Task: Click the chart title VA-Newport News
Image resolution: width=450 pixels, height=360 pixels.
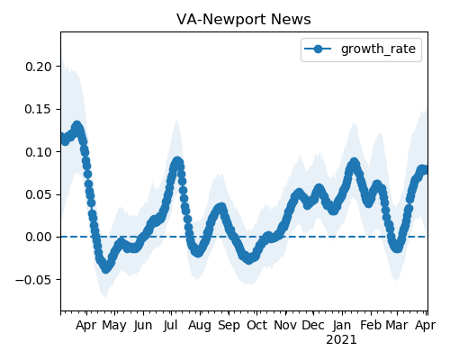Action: (x=244, y=20)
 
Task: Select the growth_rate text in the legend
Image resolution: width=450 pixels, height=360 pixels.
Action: (x=378, y=49)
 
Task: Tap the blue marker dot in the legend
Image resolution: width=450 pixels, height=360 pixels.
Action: (x=318, y=49)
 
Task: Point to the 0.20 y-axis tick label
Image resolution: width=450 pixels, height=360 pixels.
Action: (x=39, y=67)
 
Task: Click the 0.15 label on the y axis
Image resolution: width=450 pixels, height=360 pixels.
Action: (x=39, y=109)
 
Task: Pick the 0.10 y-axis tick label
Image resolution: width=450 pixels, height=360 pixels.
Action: (x=39, y=152)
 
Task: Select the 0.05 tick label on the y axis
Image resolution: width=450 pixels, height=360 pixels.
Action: (x=39, y=194)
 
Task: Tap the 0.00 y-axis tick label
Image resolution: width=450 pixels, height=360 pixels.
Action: (x=39, y=237)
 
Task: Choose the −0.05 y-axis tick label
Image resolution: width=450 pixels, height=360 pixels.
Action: (x=34, y=280)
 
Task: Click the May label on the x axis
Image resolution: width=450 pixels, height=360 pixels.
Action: (x=114, y=326)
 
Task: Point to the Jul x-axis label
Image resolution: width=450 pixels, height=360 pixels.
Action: (x=171, y=325)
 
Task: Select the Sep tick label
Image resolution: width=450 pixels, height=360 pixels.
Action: (x=229, y=326)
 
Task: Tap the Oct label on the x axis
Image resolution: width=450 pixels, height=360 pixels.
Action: (x=256, y=325)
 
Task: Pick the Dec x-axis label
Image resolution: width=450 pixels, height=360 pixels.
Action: (x=313, y=325)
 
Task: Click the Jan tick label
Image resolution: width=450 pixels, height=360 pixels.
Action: (x=342, y=325)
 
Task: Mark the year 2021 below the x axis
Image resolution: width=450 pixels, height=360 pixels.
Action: (x=341, y=340)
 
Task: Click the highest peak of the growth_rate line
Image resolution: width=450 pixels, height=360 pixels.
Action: (x=77, y=126)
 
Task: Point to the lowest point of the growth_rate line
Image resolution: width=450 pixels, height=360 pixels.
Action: (x=105, y=268)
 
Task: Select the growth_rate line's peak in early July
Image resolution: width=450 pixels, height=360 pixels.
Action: (x=177, y=162)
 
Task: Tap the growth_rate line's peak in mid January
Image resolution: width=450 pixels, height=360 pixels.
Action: (x=355, y=163)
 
